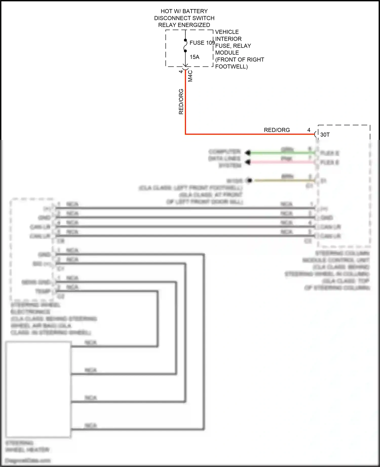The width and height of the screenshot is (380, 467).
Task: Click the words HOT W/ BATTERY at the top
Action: tap(184, 11)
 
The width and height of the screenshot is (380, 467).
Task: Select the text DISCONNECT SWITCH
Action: tap(184, 18)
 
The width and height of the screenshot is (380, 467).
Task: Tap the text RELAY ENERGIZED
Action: tap(184, 25)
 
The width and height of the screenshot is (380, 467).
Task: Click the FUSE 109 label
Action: tap(202, 43)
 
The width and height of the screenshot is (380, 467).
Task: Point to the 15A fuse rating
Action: tap(195, 57)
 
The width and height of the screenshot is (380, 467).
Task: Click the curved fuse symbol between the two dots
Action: tap(185, 46)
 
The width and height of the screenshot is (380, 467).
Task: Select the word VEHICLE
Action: tap(227, 32)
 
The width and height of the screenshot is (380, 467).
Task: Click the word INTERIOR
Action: tap(228, 39)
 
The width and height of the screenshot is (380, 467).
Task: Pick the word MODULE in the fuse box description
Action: tap(227, 53)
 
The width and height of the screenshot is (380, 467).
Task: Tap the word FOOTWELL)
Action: tap(231, 67)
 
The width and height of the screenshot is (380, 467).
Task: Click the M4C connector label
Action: tap(190, 76)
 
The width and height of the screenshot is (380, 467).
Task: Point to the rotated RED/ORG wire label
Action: tap(181, 101)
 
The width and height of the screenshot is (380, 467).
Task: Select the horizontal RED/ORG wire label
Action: tap(277, 130)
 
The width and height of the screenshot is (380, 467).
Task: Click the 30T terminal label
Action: tap(325, 135)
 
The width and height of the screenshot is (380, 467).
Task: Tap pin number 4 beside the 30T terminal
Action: tap(309, 130)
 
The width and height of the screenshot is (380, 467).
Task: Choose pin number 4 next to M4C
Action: tap(181, 72)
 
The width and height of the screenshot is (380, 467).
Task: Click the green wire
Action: tap(279, 153)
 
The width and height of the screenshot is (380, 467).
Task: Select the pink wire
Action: tap(279, 162)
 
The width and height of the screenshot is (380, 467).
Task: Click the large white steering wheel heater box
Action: tap(38, 390)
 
